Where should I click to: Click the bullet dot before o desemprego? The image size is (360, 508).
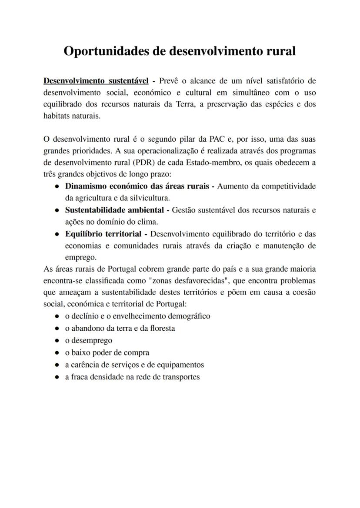(x=57, y=341)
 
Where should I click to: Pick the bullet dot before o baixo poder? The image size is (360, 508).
(x=57, y=353)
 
